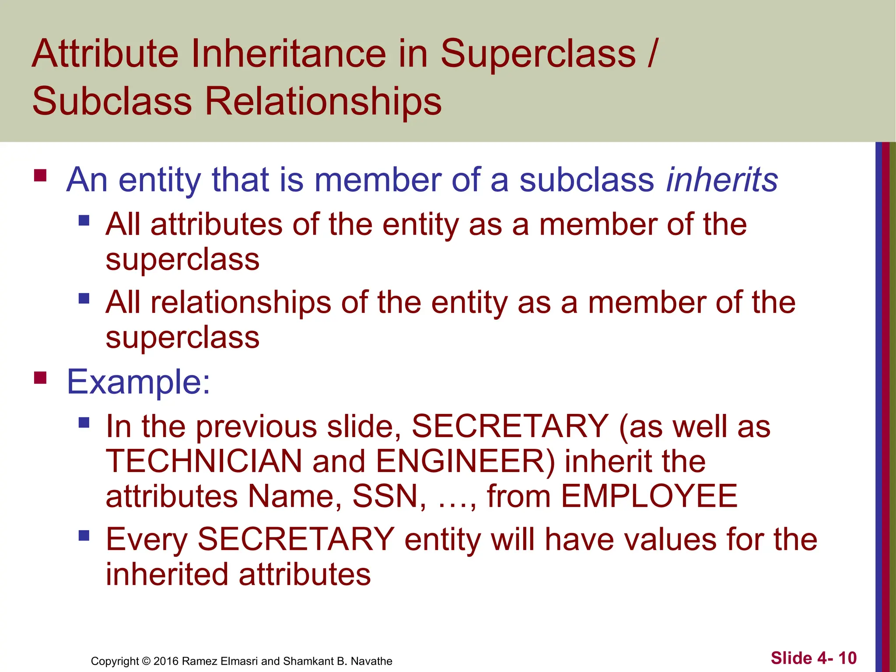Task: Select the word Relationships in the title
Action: click(323, 101)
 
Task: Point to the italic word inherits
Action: click(722, 180)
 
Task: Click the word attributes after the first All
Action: click(217, 224)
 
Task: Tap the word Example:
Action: click(138, 382)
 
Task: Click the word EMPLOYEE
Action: click(649, 496)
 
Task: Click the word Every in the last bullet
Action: click(147, 539)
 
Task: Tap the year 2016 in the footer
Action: click(166, 661)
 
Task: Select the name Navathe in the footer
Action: click(371, 661)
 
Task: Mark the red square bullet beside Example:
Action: click(40, 377)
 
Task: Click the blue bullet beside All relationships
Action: click(84, 299)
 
